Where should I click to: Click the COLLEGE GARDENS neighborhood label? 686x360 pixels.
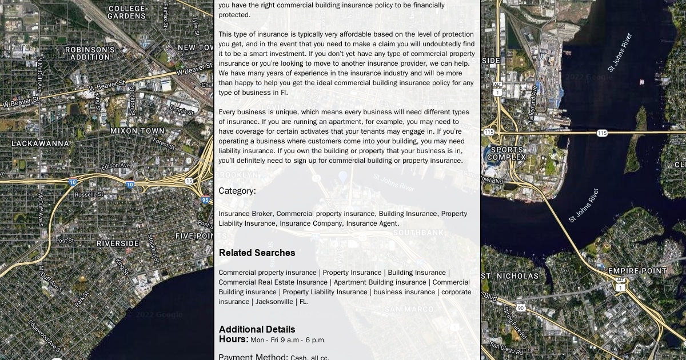[x=126, y=12]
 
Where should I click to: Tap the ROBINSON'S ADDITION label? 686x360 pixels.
[x=90, y=53]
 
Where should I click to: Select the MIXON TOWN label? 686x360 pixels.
[x=137, y=131]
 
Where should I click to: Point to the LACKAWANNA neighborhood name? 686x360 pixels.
[x=41, y=143]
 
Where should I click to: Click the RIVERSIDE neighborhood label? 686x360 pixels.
[x=118, y=243]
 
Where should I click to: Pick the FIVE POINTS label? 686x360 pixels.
[x=194, y=236]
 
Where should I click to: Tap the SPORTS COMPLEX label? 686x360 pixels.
[x=507, y=153]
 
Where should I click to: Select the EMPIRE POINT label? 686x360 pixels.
[x=637, y=271]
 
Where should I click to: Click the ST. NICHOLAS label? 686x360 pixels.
[x=510, y=276]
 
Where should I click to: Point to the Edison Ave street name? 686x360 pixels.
[x=115, y=166]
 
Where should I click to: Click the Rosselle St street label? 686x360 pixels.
[x=89, y=194]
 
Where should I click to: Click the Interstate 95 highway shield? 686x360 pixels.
[x=205, y=201]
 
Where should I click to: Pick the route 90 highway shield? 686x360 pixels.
[x=521, y=308]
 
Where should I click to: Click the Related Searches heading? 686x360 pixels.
[x=257, y=253]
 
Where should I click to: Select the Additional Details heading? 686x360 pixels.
[x=257, y=329]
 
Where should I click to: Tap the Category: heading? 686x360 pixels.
[x=237, y=191]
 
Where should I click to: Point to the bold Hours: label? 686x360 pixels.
[x=233, y=339]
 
